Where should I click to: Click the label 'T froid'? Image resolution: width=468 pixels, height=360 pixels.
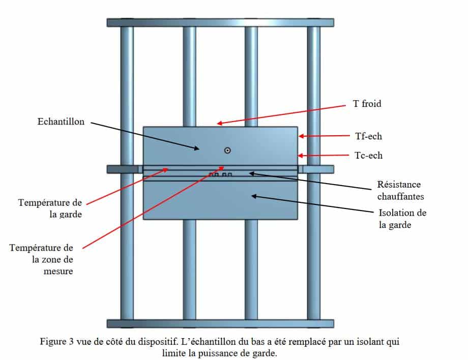pos(367,104)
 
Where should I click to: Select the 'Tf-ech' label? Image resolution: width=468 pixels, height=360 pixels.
pos(368,136)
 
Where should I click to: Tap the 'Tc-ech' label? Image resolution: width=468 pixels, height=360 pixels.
pos(368,156)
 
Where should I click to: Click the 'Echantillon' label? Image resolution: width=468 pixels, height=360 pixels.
pos(61,122)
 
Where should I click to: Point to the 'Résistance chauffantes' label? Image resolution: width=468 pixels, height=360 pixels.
pos(398,189)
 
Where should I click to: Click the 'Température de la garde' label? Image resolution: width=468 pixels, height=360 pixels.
pos(50,208)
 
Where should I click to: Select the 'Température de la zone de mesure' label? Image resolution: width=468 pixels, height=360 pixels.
pos(42,259)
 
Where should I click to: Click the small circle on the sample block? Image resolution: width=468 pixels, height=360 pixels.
pos(227,150)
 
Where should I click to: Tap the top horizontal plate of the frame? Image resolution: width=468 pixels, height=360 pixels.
pos(220,22)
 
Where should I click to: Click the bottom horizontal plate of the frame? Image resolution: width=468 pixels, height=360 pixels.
pos(220,323)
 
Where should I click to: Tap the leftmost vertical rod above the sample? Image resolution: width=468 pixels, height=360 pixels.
pos(127,76)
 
